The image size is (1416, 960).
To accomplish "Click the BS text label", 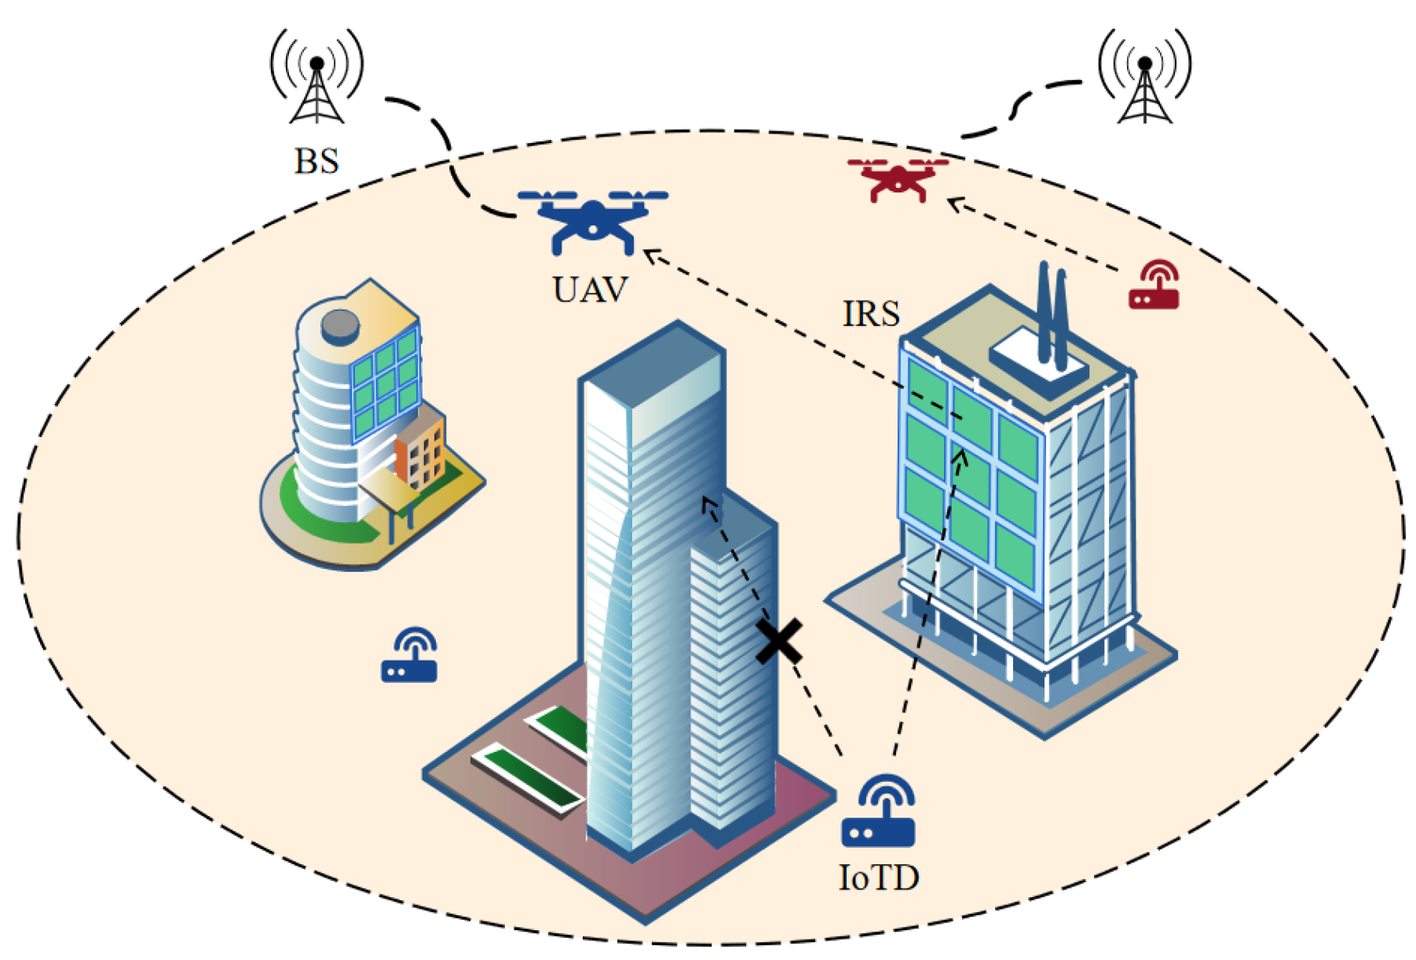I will point(316,161).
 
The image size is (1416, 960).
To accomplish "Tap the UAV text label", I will point(591,290).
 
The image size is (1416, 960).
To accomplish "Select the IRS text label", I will point(871,313).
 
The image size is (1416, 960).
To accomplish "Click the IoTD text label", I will point(879,878).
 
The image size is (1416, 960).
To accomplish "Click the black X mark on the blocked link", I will point(779,641).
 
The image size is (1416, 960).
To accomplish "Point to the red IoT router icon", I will point(1154,286).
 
